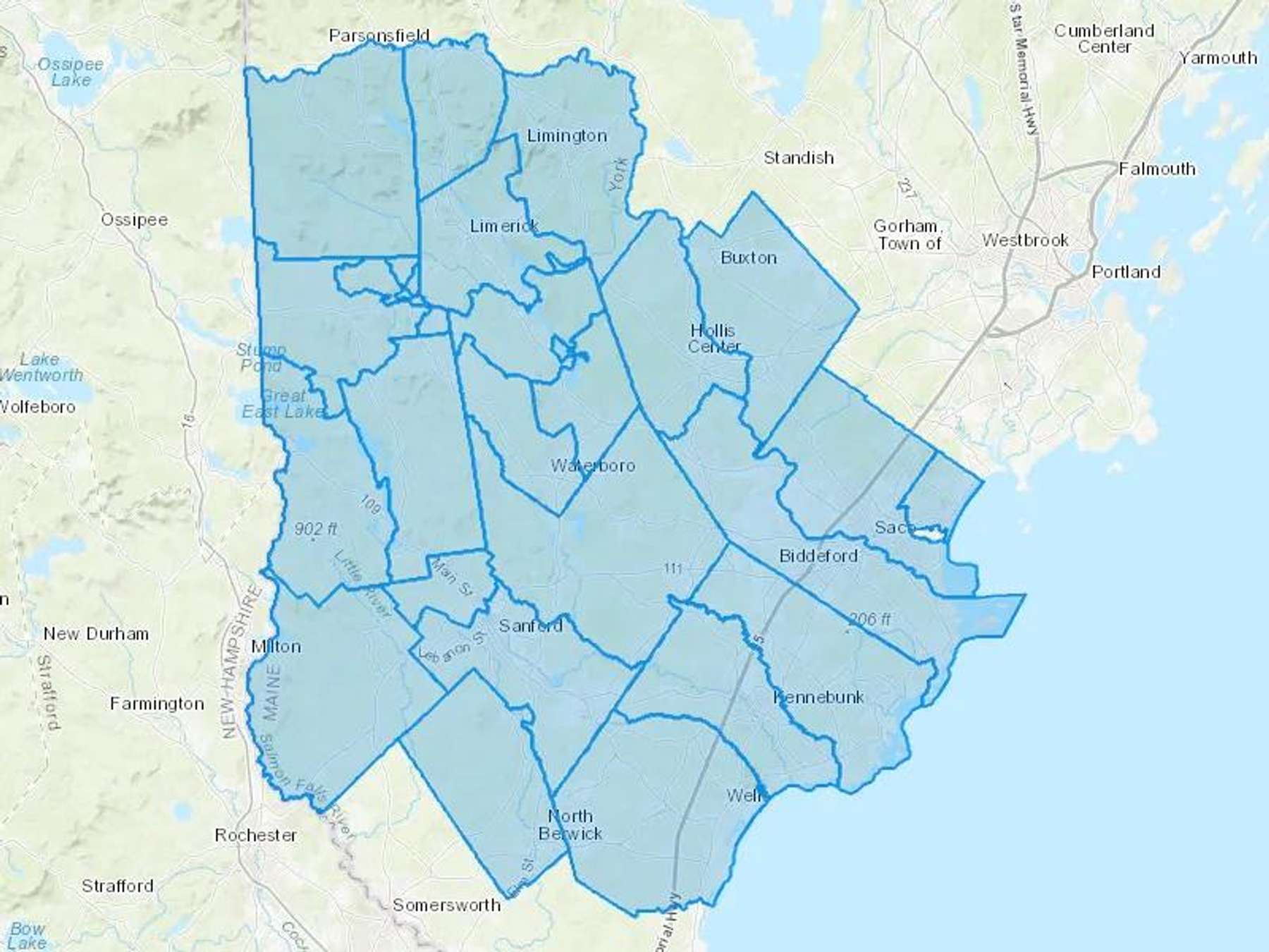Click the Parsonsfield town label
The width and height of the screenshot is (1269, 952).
coord(379,35)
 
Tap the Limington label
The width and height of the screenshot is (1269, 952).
coord(567,135)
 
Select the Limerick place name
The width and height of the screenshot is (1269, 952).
coord(504,226)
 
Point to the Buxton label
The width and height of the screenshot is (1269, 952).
coord(749,257)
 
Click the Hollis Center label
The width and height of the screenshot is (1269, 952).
coord(713,338)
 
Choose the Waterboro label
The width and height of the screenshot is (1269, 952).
coord(592,465)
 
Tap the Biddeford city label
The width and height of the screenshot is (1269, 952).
coord(819,556)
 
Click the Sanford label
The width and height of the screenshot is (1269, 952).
coord(530,625)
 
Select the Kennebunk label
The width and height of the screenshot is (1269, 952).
coord(819,697)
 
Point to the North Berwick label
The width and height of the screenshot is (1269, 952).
coord(570,825)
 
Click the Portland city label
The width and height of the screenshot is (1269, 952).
coord(1126,271)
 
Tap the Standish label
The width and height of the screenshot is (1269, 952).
coord(799,157)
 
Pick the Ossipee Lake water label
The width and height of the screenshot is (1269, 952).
coord(70,72)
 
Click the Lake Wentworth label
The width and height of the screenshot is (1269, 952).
coord(41,367)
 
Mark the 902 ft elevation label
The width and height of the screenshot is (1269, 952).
coord(316,529)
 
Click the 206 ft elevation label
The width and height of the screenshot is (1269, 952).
coord(869,619)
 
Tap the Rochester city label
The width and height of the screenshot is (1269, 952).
coord(255,835)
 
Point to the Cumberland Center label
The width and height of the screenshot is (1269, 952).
coord(1104,39)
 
